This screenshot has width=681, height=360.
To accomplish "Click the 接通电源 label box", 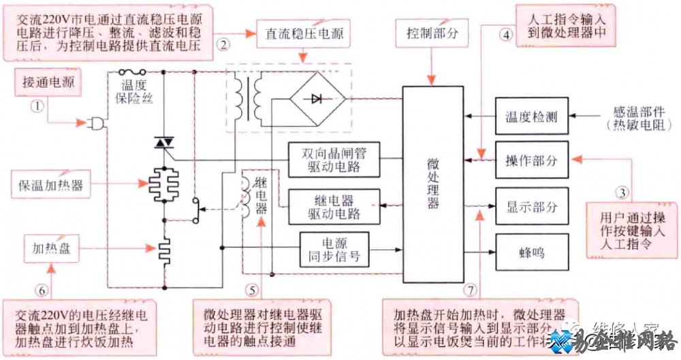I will click(x=48, y=84).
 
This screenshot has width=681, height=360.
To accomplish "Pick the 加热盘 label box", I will click(x=51, y=248).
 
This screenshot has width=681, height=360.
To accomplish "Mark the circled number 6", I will click(x=42, y=290).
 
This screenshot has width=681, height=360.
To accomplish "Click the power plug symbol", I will click(x=94, y=124).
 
